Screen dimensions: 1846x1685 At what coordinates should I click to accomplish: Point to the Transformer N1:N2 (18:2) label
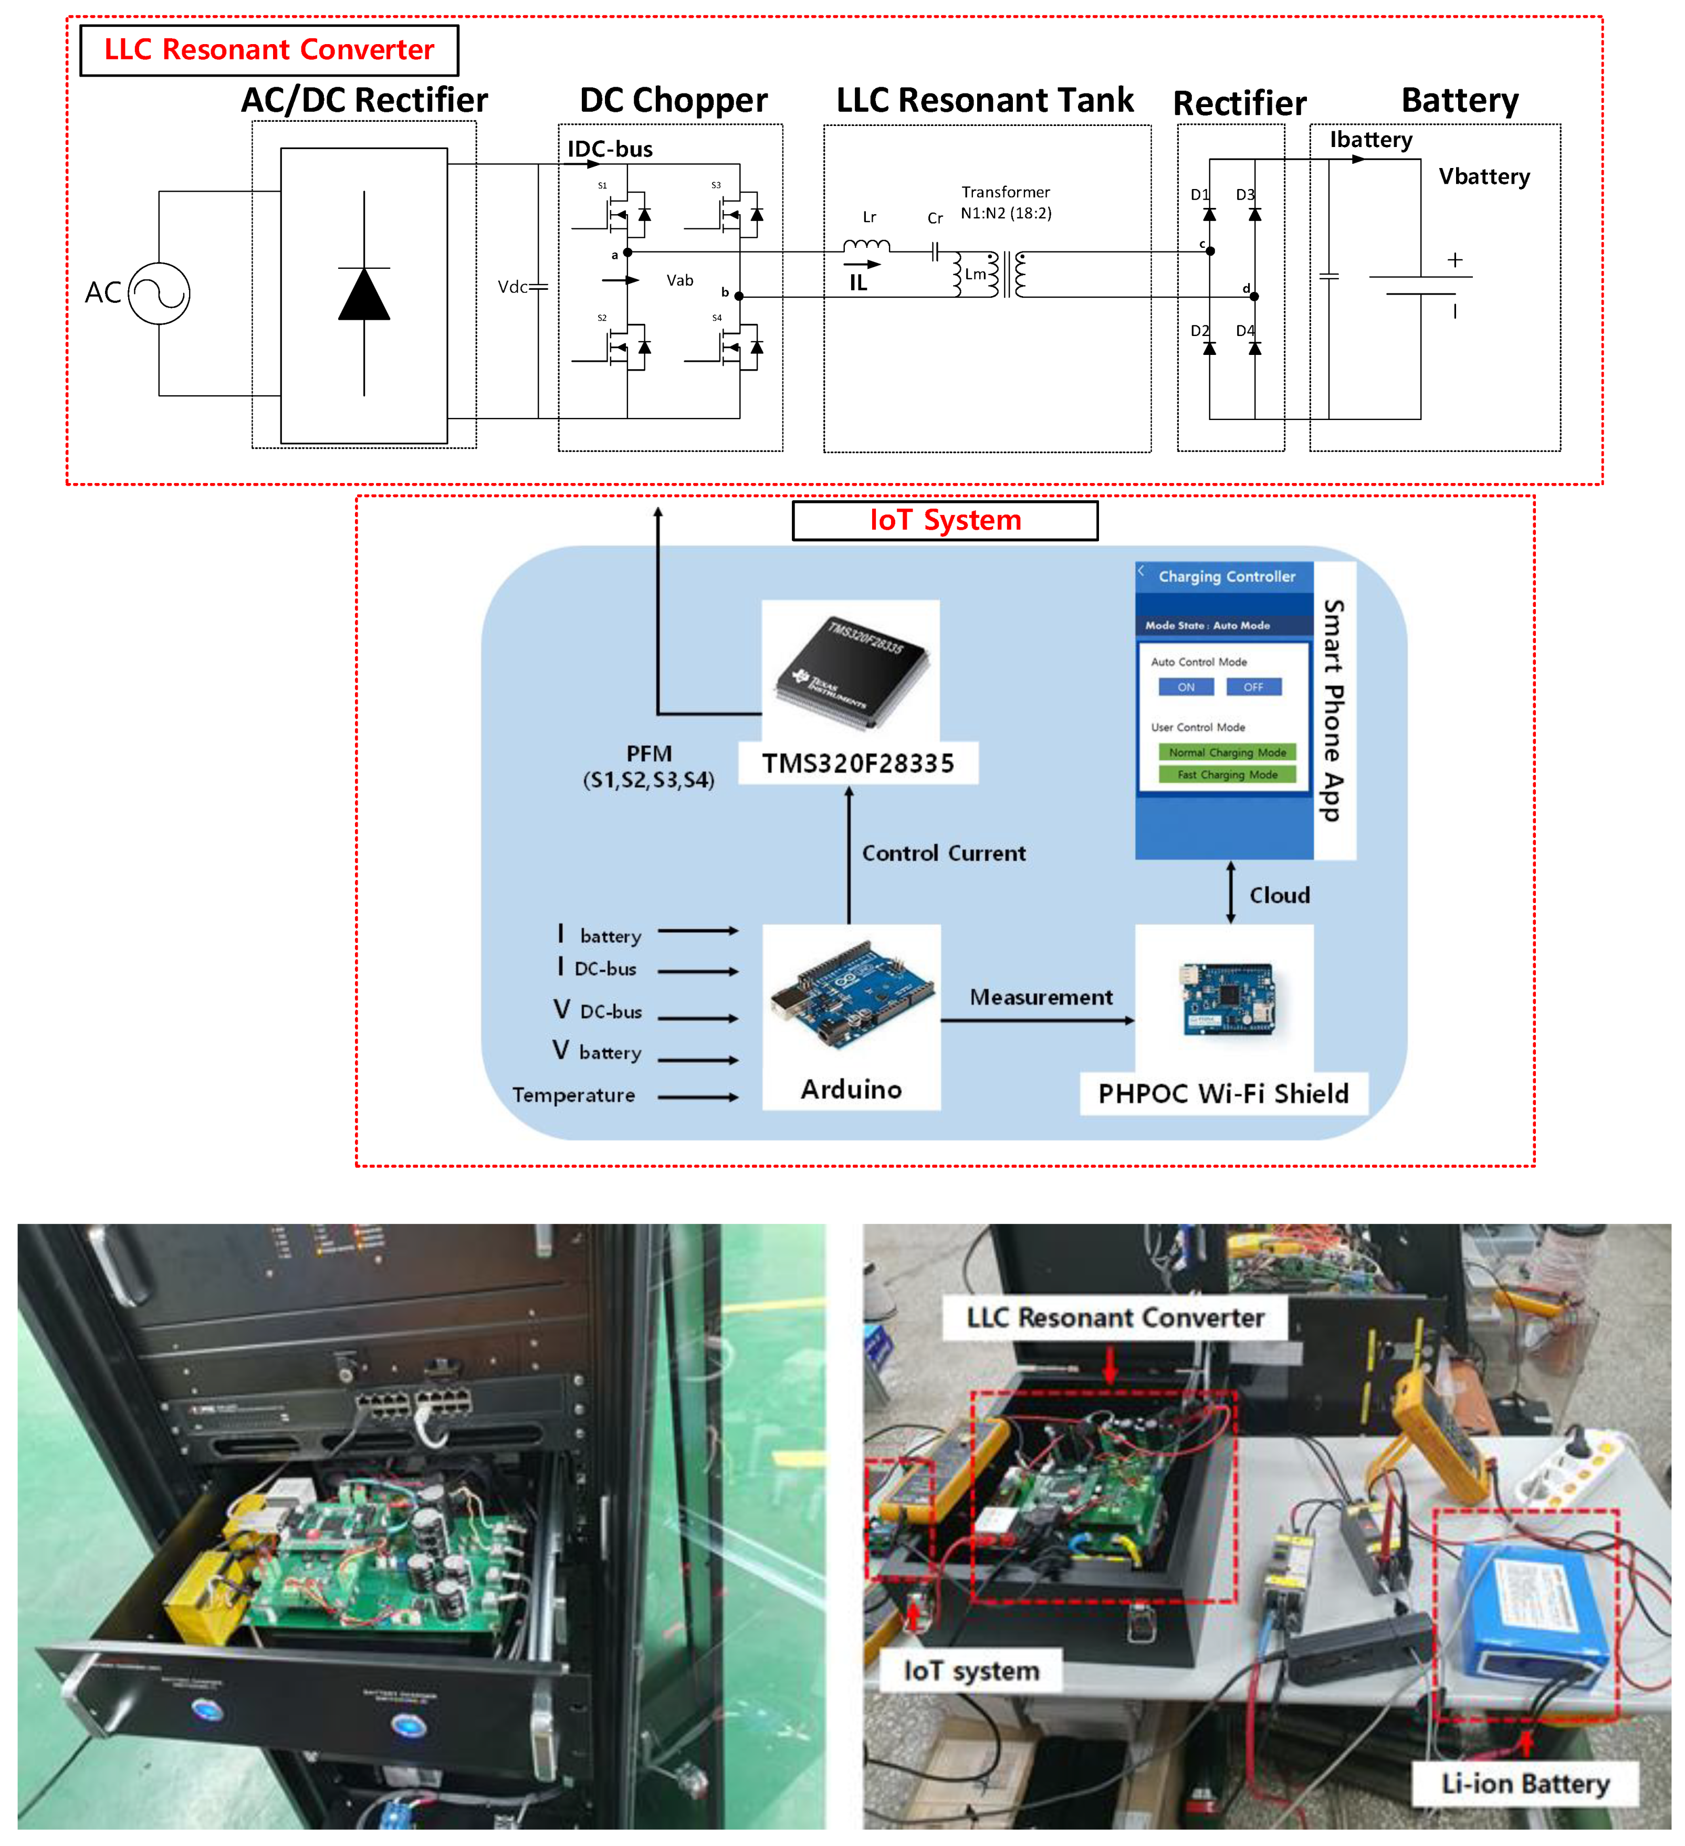(1006, 202)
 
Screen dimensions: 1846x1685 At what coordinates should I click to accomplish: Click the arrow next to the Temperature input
(698, 1096)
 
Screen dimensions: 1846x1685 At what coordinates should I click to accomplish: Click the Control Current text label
(943, 853)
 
